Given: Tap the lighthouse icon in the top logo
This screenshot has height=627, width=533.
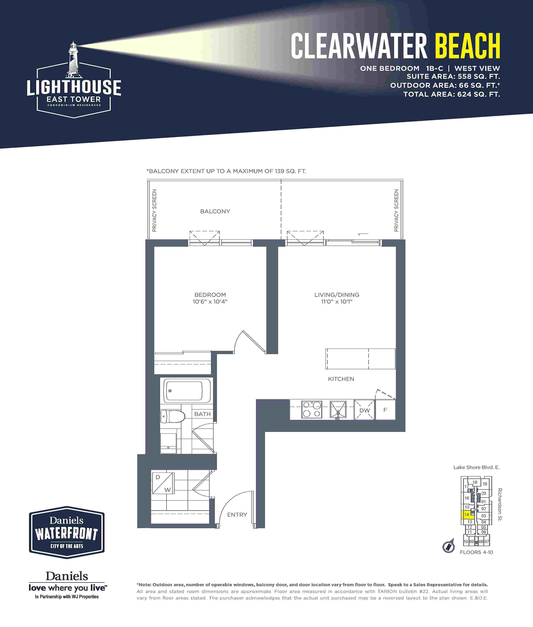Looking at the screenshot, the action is (x=73, y=60).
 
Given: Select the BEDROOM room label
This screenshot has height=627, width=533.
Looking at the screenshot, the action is (x=210, y=295).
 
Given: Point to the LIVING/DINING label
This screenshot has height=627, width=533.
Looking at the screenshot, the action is (x=337, y=295).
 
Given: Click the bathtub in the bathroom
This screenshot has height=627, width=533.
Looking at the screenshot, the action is (x=187, y=390).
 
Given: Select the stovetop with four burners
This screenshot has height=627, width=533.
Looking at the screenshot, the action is (x=312, y=410).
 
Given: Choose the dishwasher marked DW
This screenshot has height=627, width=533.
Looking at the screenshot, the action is (x=364, y=410).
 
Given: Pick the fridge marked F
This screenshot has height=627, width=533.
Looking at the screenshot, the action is (x=385, y=410).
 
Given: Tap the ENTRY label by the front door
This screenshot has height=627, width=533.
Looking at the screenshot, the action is (x=237, y=515).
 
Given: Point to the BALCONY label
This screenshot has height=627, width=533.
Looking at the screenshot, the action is (x=215, y=211).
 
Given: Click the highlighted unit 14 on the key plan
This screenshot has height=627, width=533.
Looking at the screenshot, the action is (x=467, y=514).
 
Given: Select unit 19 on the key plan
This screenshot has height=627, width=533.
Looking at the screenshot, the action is (x=485, y=484).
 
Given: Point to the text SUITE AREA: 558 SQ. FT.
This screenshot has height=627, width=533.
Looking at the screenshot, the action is (x=453, y=77).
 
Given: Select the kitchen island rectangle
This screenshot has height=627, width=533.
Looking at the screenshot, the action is (x=360, y=359).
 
